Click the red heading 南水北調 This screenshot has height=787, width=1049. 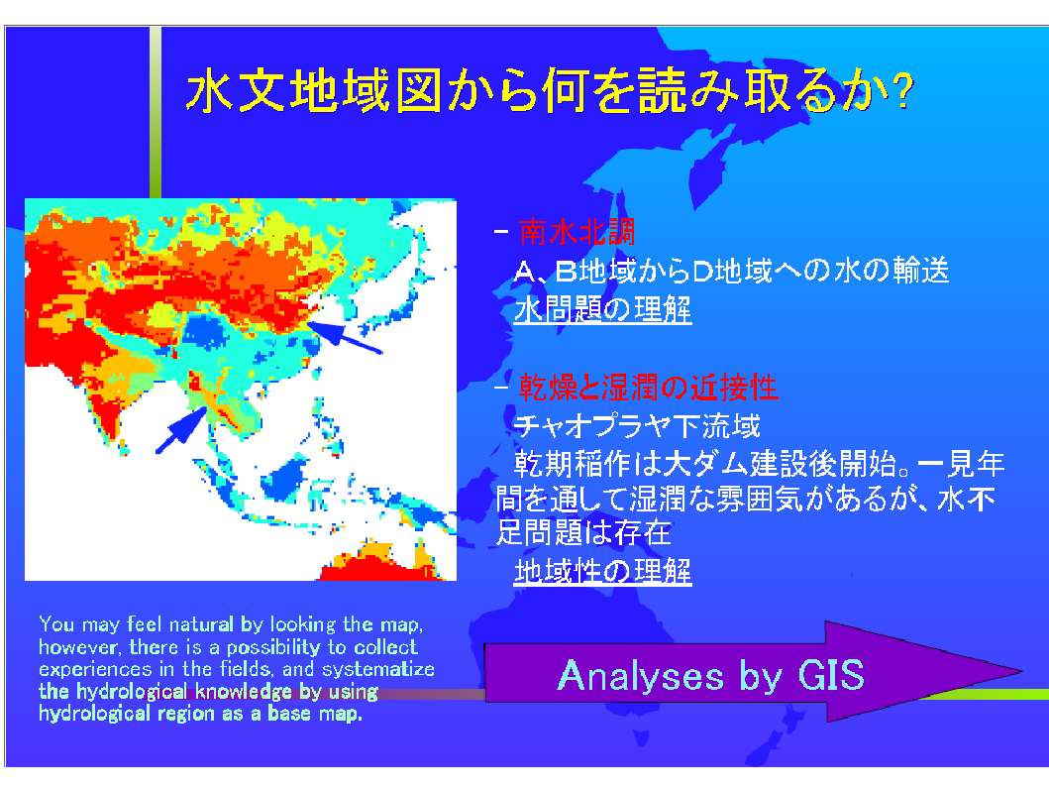(x=577, y=232)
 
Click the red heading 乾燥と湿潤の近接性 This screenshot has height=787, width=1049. (x=648, y=387)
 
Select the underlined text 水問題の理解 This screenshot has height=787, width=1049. (x=602, y=310)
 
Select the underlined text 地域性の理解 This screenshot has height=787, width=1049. (x=602, y=571)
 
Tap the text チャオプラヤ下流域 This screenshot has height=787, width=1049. (x=637, y=425)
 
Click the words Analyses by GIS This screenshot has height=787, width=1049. (x=710, y=675)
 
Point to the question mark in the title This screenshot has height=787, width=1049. (x=901, y=91)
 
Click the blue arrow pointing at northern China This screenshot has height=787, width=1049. (x=344, y=337)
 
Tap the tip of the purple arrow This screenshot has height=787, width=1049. (x=1021, y=670)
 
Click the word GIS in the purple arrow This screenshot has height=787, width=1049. (x=831, y=675)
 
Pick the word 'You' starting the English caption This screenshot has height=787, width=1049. (x=56, y=624)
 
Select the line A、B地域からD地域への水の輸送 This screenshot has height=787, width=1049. (x=731, y=271)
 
